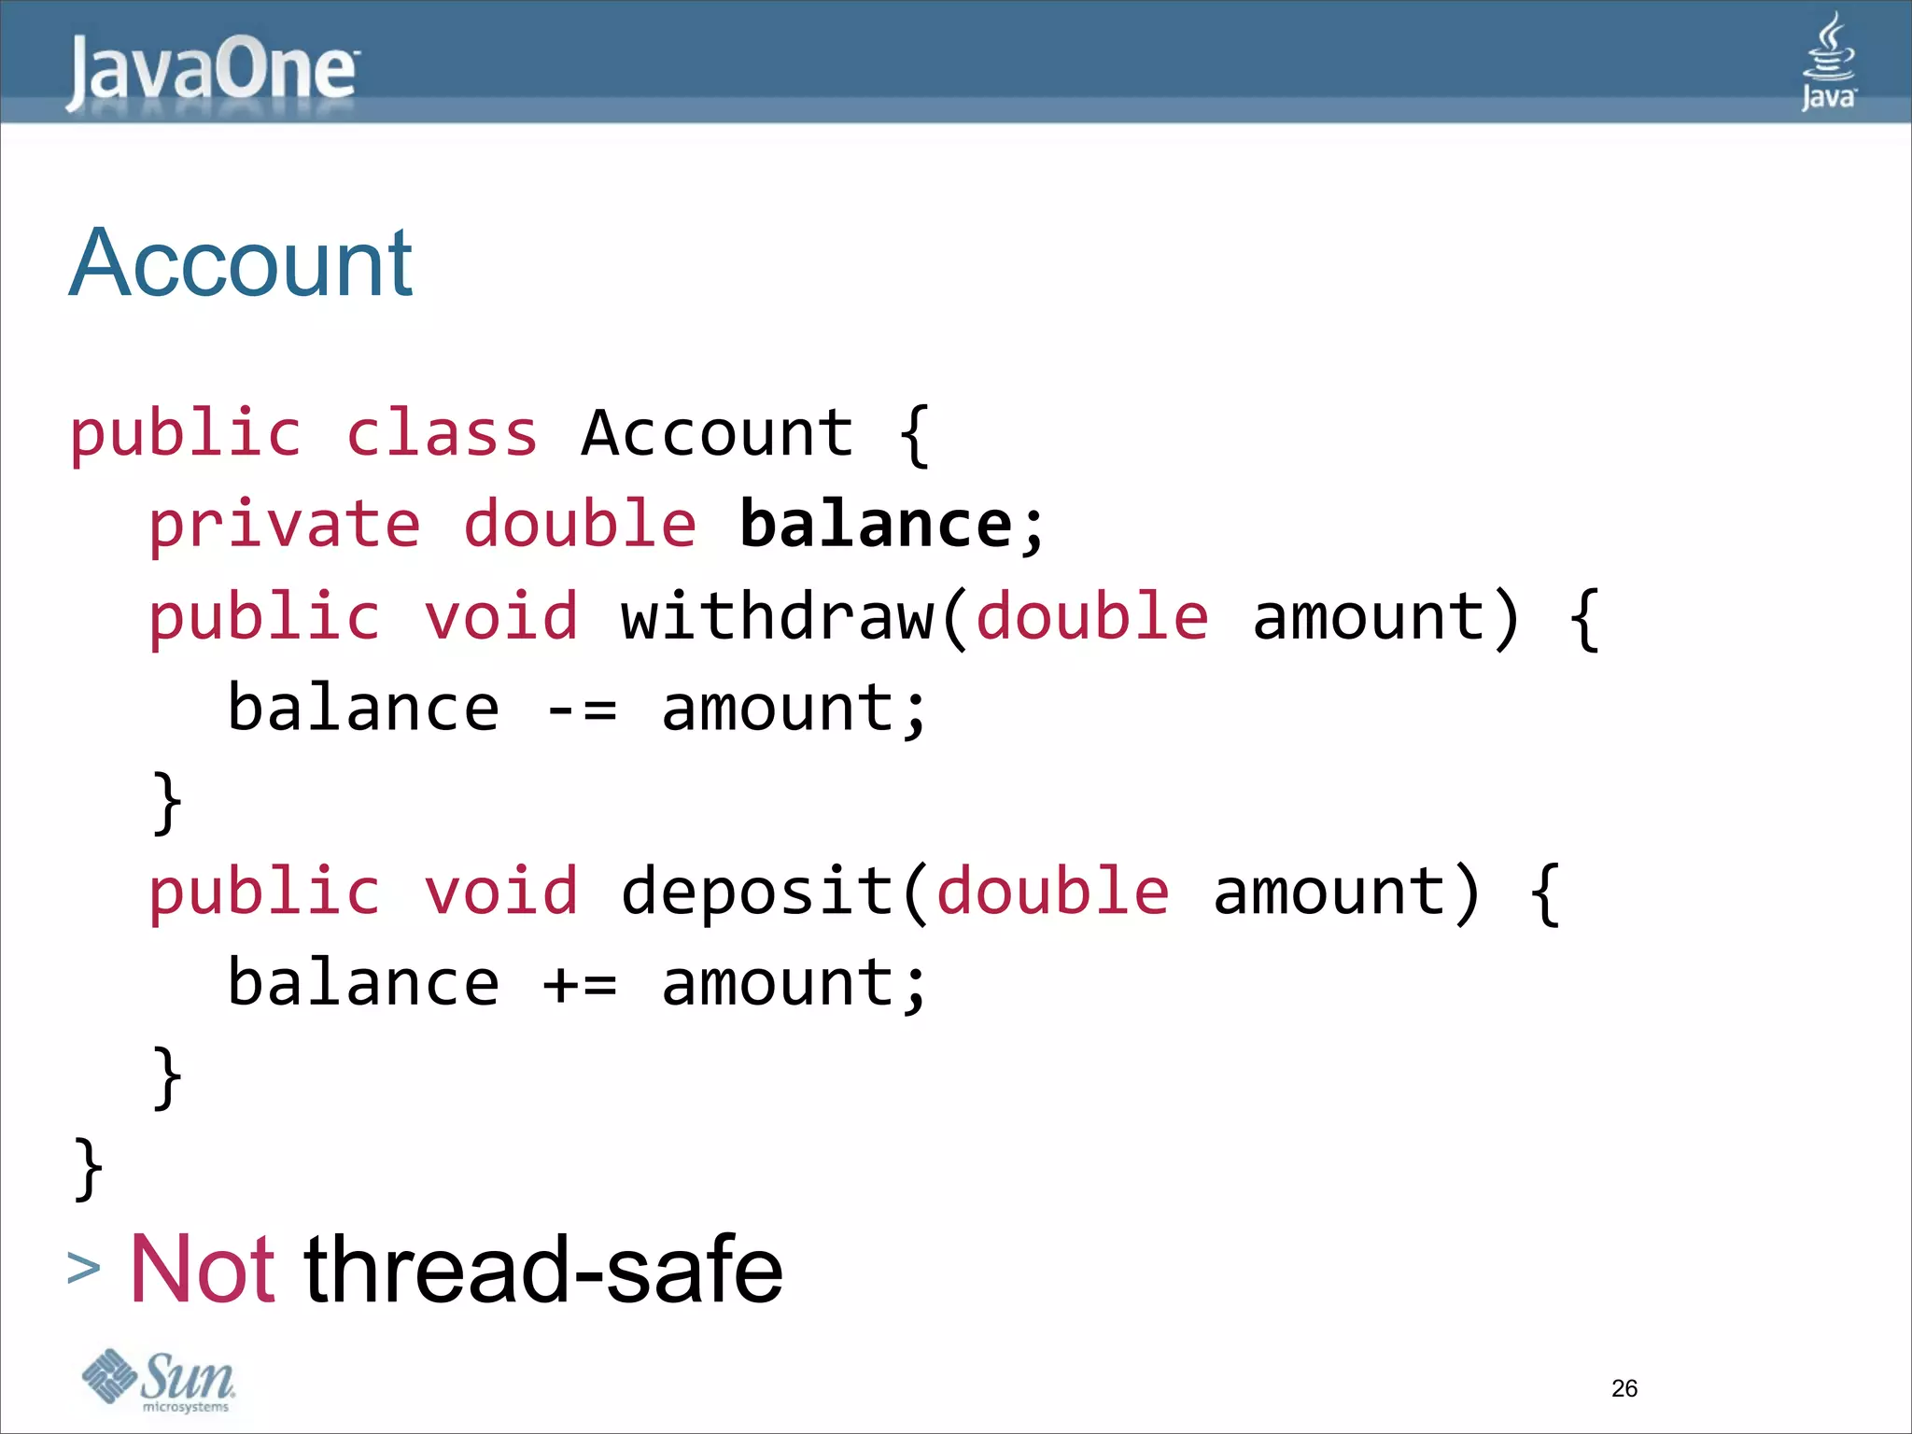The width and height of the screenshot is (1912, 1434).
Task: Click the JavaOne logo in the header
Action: tap(212, 72)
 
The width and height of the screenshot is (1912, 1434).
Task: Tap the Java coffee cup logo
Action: tap(1828, 63)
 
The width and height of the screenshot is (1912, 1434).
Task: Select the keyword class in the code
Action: tap(442, 433)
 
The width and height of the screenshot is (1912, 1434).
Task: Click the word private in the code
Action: tap(285, 524)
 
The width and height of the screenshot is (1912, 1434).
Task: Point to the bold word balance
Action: tap(876, 524)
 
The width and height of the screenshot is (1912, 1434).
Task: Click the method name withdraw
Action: tap(777, 616)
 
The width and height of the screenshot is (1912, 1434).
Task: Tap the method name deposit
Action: tap(758, 891)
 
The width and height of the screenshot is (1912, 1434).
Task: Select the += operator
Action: tap(580, 984)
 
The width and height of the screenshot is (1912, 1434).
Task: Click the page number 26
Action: tap(1624, 1388)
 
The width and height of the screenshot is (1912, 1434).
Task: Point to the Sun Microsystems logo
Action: tap(159, 1380)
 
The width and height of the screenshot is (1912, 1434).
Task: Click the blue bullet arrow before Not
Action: tap(84, 1269)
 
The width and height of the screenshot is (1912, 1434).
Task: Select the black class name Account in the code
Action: tap(717, 433)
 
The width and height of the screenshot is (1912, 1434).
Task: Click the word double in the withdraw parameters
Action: tap(1092, 616)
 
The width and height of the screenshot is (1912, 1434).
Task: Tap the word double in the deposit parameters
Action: tap(1052, 891)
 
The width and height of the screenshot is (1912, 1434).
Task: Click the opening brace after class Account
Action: tap(915, 435)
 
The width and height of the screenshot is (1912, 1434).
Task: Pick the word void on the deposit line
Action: tap(501, 891)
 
